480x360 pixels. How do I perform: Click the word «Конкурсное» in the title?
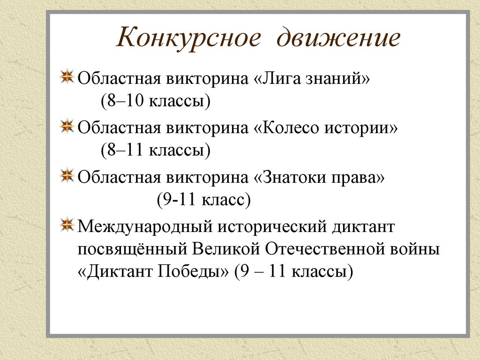pyautogui.click(x=187, y=38)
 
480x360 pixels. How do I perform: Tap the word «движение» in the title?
pyautogui.click(x=338, y=38)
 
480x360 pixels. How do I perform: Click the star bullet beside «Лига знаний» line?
pyautogui.click(x=68, y=76)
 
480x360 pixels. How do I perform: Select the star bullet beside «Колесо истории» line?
pyautogui.click(x=68, y=126)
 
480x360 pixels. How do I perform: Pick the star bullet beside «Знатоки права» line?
pyautogui.click(x=68, y=175)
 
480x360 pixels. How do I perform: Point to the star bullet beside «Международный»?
pyautogui.click(x=68, y=225)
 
